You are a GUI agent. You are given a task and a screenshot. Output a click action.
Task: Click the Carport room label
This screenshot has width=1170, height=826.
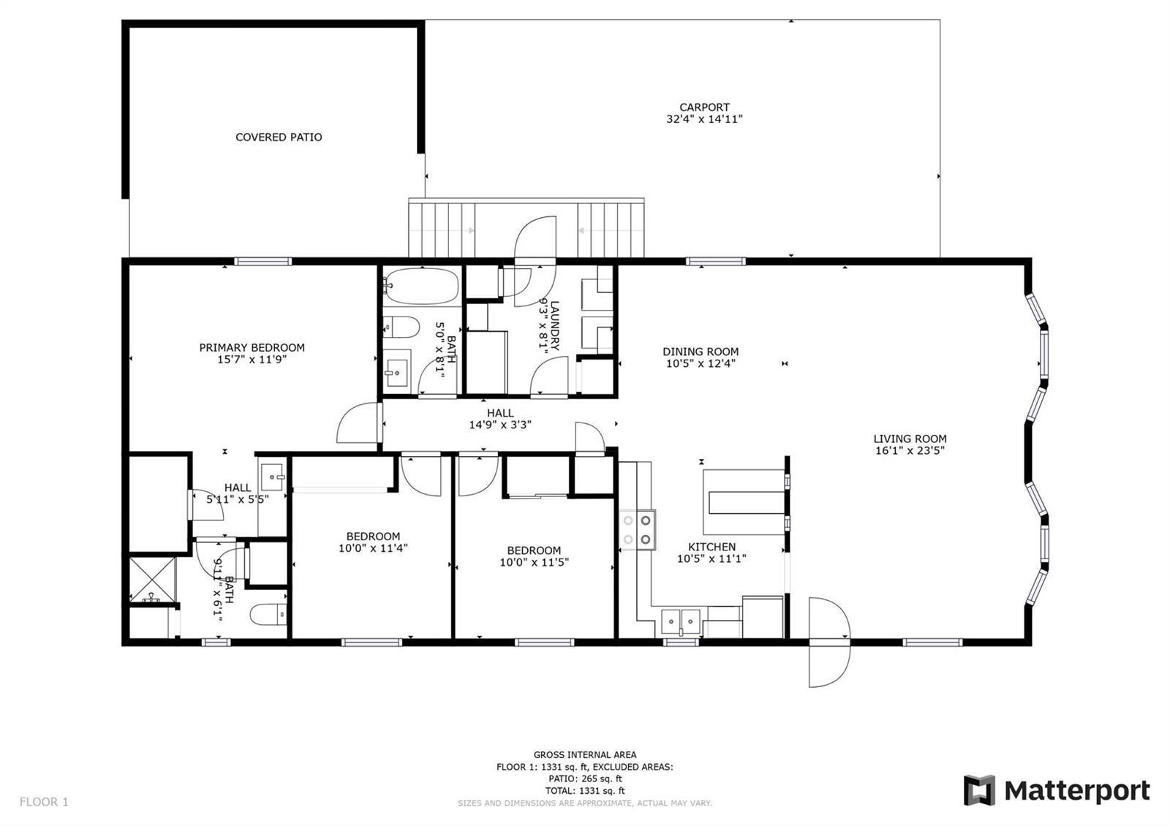[704, 107]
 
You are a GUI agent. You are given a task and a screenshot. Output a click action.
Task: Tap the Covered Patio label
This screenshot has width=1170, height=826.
[279, 137]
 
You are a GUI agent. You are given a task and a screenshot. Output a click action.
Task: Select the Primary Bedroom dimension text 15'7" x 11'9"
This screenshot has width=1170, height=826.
[252, 359]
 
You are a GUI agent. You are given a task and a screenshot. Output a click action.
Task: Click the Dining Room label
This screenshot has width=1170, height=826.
[701, 352]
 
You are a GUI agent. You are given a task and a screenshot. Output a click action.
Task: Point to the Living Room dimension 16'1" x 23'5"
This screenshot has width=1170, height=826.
[910, 450]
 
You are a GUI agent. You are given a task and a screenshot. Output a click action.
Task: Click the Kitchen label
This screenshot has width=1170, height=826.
[712, 547]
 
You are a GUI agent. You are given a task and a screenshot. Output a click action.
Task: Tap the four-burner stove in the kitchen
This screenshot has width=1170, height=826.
[637, 529]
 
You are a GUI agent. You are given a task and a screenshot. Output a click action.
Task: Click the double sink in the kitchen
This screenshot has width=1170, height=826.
[680, 621]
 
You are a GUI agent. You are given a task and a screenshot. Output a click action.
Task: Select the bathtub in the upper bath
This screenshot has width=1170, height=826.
[421, 286]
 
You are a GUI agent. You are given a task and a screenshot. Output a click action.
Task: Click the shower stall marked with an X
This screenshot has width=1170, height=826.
[153, 580]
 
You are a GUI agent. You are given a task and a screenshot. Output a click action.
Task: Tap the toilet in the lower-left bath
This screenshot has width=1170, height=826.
[268, 614]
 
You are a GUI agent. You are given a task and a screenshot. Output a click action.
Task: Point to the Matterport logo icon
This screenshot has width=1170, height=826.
[979, 790]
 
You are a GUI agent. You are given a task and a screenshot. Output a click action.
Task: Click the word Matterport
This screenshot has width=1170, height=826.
[1077, 790]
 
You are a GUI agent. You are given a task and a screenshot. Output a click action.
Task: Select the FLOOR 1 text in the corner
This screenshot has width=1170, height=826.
[44, 801]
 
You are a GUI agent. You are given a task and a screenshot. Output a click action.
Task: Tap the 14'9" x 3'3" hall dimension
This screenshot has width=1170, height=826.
[500, 425]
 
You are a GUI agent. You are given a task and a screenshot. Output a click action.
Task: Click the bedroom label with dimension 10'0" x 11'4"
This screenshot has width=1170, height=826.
[373, 537]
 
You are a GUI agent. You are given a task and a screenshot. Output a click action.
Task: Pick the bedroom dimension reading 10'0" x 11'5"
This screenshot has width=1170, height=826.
[534, 562]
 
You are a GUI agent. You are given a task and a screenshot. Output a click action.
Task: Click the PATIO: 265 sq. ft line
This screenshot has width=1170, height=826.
[585, 778]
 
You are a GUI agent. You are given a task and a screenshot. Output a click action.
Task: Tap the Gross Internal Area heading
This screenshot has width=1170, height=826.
[585, 754]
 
